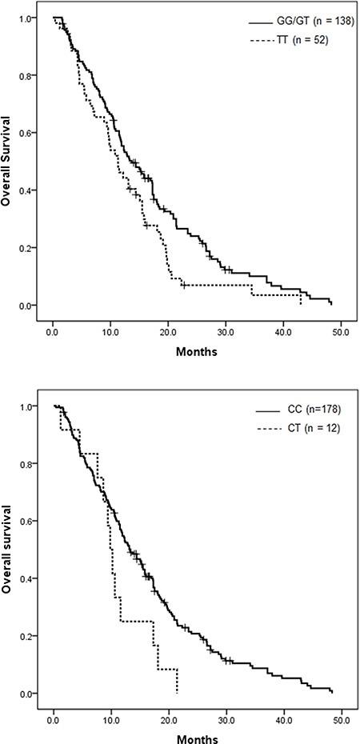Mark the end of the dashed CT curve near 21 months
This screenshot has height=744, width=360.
(x=176, y=691)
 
